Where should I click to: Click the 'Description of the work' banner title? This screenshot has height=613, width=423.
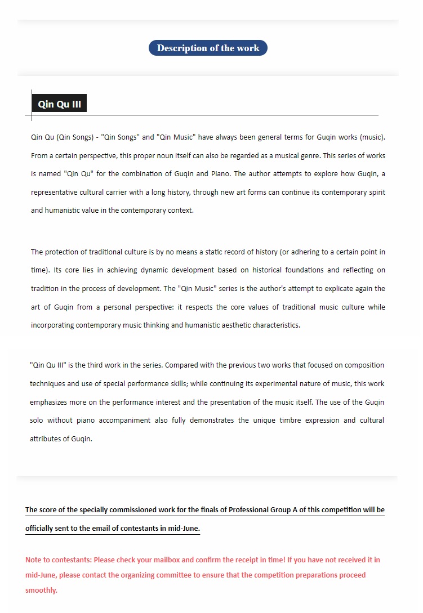coord(208,48)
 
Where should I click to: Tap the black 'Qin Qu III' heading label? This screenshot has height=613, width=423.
coord(59,104)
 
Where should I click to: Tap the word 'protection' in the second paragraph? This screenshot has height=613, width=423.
coord(63,252)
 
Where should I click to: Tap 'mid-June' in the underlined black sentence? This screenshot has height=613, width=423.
coord(184,529)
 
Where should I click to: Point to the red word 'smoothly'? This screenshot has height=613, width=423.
coord(41,590)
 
